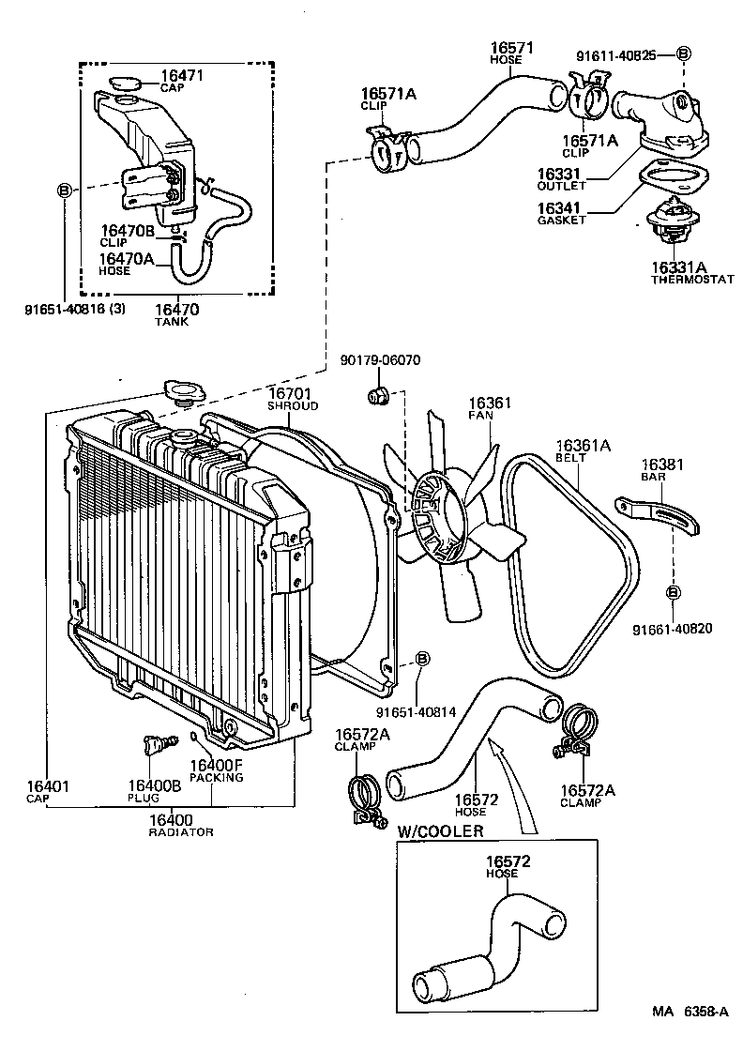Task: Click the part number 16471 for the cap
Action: (181, 75)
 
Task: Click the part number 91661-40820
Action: (672, 629)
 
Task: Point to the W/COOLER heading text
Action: (441, 831)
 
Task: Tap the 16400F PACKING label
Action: (216, 770)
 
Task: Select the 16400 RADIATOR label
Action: (181, 825)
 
